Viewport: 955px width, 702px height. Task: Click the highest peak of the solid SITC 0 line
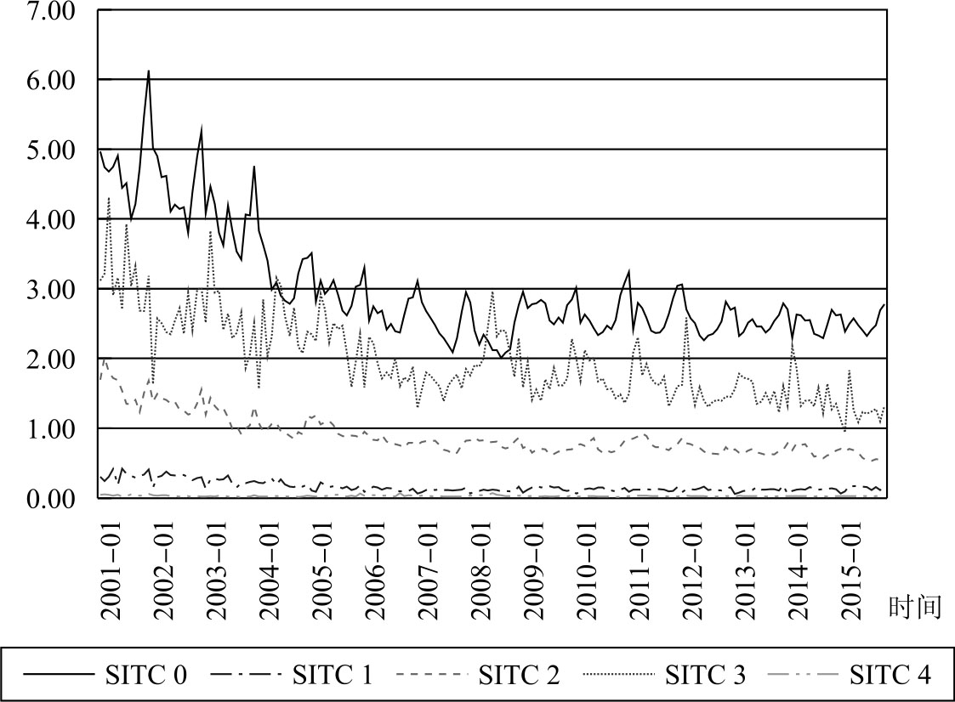coord(149,71)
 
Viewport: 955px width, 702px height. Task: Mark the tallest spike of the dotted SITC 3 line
coord(109,198)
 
